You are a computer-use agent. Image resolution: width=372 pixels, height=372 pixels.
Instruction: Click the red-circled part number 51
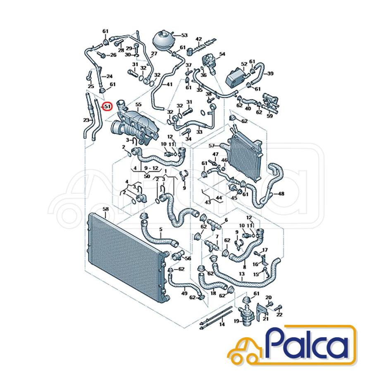pos(108,107)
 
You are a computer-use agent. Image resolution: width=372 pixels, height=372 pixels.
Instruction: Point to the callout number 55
pos(138,105)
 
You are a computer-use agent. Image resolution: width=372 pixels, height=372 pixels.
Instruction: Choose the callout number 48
pos(281,194)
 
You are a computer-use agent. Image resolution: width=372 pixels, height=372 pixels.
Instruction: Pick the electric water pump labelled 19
pos(246,315)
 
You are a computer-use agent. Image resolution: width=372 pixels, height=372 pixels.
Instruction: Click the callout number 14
pos(222,324)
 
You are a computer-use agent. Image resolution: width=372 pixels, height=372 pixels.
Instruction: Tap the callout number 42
pos(198,39)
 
